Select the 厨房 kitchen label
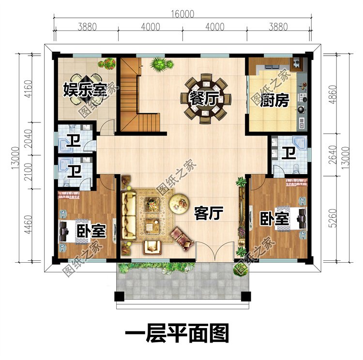(276, 101)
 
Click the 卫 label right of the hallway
(289, 153)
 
